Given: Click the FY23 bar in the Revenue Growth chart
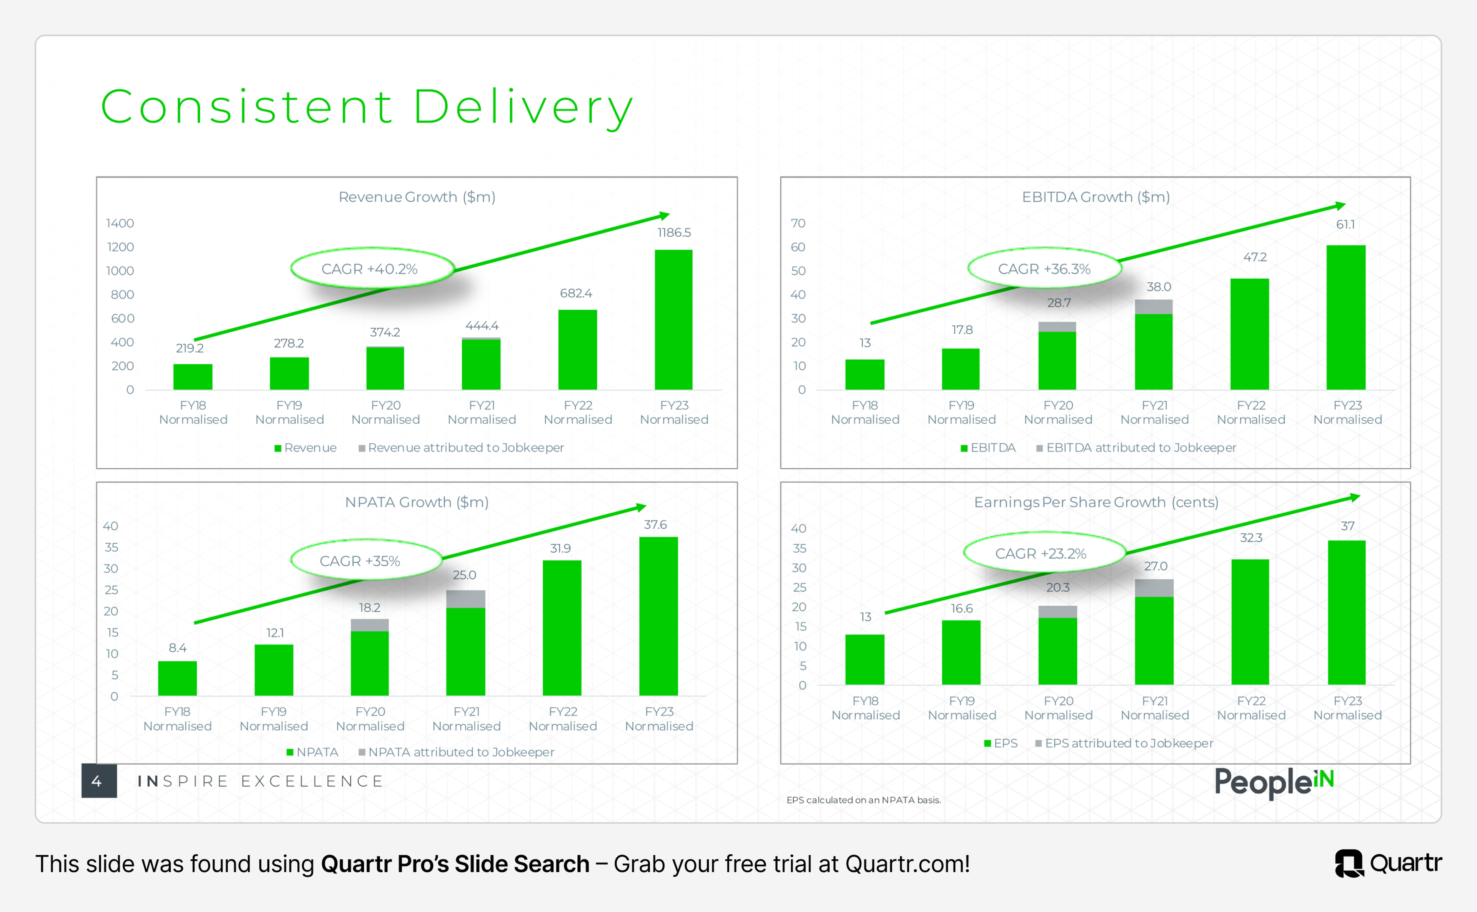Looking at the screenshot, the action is point(673,320).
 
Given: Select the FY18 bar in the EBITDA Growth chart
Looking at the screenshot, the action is point(865,374).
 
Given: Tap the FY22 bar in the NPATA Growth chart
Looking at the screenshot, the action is point(562,628).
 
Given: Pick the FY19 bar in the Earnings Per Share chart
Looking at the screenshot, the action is point(961,653).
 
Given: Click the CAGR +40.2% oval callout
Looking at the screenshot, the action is point(372,269).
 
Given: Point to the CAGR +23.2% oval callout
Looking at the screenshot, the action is point(1044,553).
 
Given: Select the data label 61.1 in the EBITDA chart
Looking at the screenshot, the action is point(1345,224).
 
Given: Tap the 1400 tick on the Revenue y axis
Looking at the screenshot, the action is point(120,223).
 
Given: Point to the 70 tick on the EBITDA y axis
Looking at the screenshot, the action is point(798,223).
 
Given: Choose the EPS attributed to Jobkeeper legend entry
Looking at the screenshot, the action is point(1124,743).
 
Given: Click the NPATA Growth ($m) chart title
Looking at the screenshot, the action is point(417,502).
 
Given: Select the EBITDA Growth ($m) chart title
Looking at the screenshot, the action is point(1095,197).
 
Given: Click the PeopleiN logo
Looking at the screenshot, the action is point(1274,782).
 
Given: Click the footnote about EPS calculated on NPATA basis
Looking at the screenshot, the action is point(863,800).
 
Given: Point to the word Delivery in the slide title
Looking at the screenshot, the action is point(523,107).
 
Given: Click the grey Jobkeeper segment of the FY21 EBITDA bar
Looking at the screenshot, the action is point(1153,306).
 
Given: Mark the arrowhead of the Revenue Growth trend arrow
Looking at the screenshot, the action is point(664,215).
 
